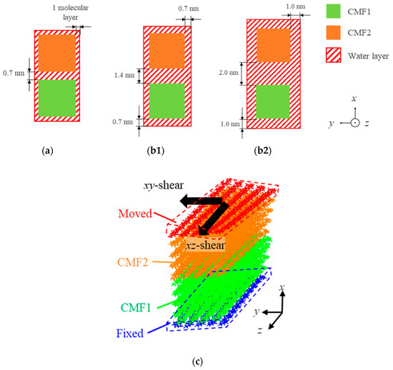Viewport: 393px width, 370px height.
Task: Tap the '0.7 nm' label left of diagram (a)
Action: pos(16,73)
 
